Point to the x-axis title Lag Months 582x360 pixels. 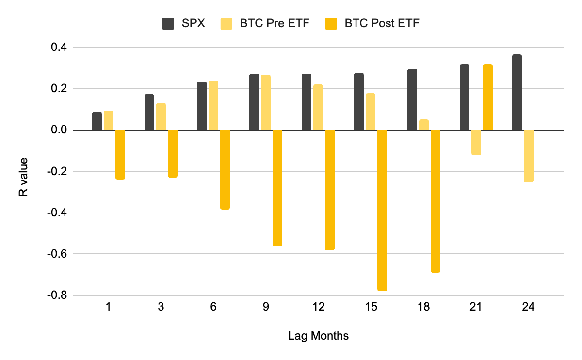pyautogui.click(x=318, y=336)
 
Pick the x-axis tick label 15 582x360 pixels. pyautogui.click(x=371, y=307)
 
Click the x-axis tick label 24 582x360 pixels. pyautogui.click(x=528, y=307)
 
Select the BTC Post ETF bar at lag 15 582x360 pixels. pyautogui.click(x=382, y=211)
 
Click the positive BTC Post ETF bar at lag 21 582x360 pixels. pyautogui.click(x=488, y=98)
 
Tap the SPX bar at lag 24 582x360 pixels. pyautogui.click(x=517, y=93)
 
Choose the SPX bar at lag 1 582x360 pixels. pyautogui.click(x=97, y=121)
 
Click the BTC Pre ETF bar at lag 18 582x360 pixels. pyautogui.click(x=424, y=125)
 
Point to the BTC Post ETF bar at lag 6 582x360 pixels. pyautogui.click(x=225, y=170)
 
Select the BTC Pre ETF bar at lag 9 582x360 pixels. pyautogui.click(x=266, y=103)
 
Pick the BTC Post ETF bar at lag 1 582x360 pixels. pyautogui.click(x=120, y=155)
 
